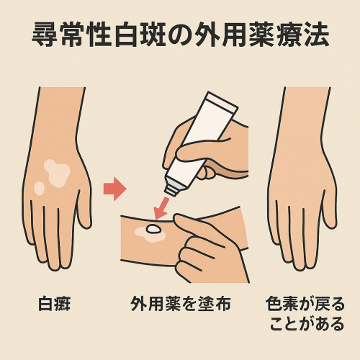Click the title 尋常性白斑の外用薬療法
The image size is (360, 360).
[180, 36]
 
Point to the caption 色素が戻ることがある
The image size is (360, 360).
[302, 313]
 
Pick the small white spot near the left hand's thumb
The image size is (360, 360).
[39, 188]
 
